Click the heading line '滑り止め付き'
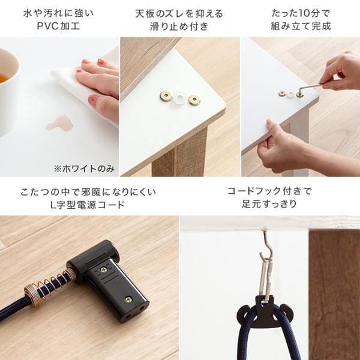coord(179,26)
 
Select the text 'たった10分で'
coord(301,13)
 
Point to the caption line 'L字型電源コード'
coord(89,205)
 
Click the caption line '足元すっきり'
coord(269,205)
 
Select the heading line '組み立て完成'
coord(301,26)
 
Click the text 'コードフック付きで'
coord(269,192)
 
